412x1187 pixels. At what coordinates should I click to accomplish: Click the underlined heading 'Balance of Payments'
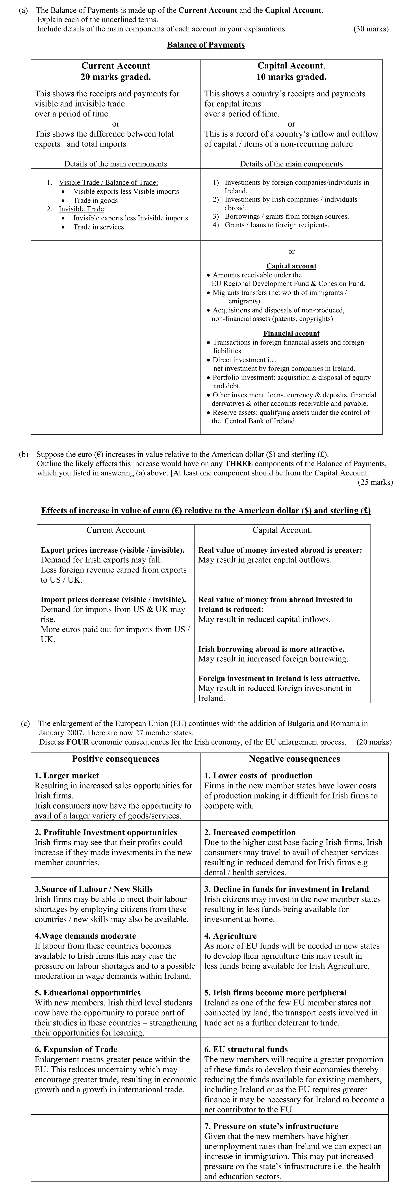tap(206, 45)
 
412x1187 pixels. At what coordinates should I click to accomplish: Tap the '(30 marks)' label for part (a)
tap(371, 29)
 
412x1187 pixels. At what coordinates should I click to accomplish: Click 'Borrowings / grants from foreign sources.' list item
tap(286, 216)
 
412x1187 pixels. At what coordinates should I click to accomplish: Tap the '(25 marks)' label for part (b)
tap(375, 483)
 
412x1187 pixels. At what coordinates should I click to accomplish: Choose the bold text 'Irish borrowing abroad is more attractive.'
tap(271, 649)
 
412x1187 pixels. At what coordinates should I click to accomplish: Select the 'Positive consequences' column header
tap(116, 758)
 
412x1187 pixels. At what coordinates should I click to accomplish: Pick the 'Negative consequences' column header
tap(294, 758)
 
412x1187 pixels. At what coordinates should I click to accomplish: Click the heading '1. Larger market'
tap(67, 776)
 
